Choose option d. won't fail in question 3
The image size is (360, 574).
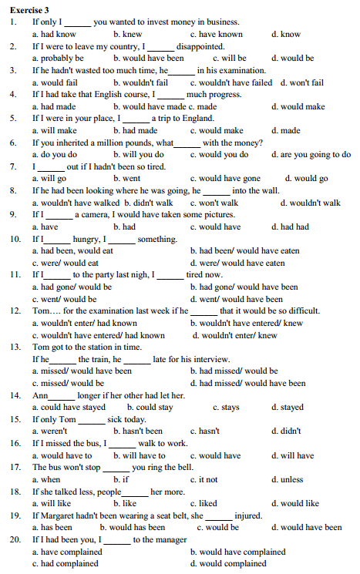tap(302, 82)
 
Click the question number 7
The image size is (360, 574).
tap(13, 166)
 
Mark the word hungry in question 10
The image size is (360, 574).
tap(86, 239)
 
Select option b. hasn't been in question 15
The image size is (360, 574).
tap(138, 431)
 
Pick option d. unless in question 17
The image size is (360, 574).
tap(288, 479)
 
